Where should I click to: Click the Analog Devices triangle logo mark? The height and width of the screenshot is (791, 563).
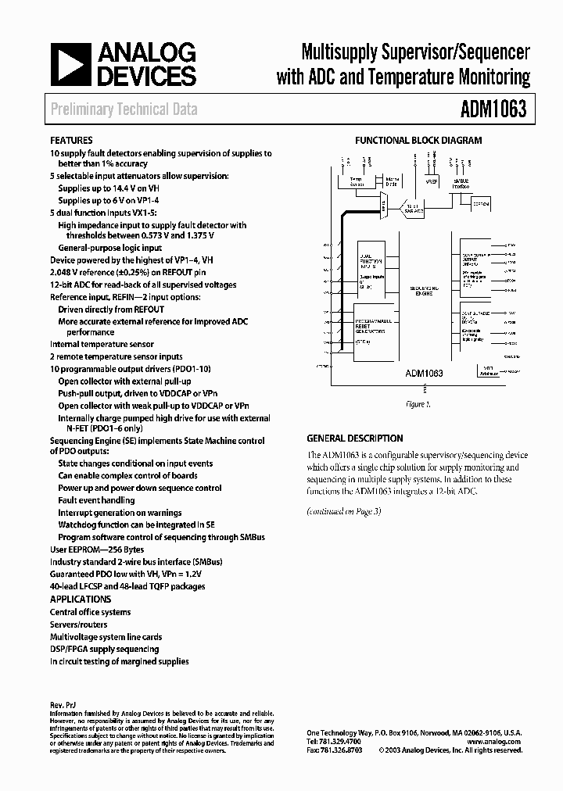[x=72, y=64]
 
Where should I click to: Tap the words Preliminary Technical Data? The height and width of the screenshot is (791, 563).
[x=124, y=110]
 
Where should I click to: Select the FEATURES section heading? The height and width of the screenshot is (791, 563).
[x=71, y=141]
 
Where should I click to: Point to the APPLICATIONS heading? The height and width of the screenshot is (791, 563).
[x=81, y=600]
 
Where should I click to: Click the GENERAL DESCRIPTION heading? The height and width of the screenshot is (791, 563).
[x=355, y=438]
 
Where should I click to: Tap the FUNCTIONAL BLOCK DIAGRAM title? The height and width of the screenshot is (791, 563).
[x=418, y=141]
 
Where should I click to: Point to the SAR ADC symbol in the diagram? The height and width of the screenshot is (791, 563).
[x=413, y=208]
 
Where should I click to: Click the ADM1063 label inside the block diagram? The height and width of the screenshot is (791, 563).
[x=424, y=374]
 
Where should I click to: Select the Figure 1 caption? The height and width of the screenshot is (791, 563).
[x=418, y=404]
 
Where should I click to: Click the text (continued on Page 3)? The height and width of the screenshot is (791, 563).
[x=343, y=511]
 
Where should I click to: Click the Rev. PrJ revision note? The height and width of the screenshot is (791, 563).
[x=63, y=705]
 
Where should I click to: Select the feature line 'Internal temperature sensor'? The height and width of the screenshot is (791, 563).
[x=102, y=344]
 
